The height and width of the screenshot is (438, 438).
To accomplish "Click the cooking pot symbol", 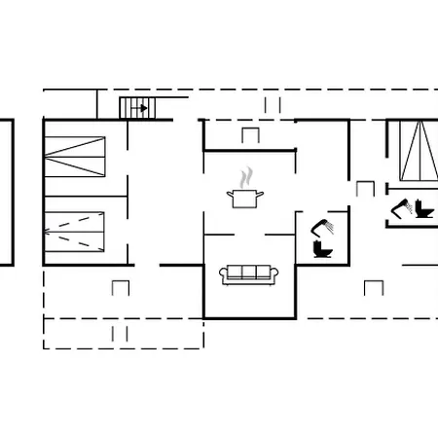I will pos(244,199).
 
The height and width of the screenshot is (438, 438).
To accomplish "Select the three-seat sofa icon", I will pos(249,274).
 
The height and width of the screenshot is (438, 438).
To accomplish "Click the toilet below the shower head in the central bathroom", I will pos(322,248).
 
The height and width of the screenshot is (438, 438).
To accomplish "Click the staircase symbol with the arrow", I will pos(136,108).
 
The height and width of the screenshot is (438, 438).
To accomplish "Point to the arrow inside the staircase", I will pos(141,108).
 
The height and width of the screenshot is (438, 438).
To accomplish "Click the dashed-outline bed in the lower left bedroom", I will pos(75,230).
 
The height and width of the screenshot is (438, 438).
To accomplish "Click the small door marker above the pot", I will pos(250,135).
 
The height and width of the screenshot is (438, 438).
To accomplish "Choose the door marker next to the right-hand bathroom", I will pos(365,188).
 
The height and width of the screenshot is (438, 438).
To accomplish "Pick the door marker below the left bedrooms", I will pos(121,287).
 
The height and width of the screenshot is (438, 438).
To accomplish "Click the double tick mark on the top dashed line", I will pos(272,104).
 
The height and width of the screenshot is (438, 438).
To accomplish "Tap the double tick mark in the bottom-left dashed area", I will pos(120,333).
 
